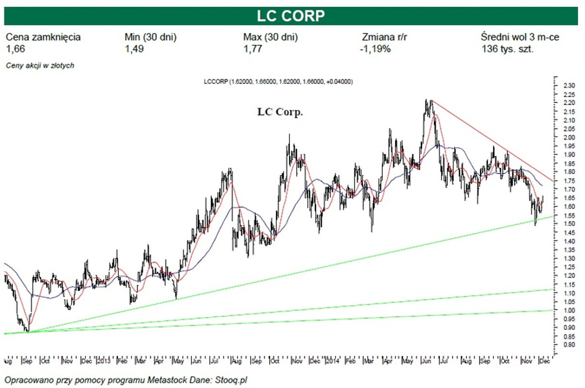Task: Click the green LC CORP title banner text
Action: pyautogui.click(x=291, y=16)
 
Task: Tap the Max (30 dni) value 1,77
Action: pyautogui.click(x=253, y=49)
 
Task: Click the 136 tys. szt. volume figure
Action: pyautogui.click(x=507, y=49)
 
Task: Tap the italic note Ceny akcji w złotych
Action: pyautogui.click(x=40, y=65)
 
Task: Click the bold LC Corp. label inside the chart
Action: pyautogui.click(x=280, y=112)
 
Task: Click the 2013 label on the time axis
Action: pyautogui.click(x=104, y=361)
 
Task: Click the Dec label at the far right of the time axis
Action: pyautogui.click(x=545, y=361)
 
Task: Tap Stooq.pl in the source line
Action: pyautogui.click(x=236, y=379)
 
